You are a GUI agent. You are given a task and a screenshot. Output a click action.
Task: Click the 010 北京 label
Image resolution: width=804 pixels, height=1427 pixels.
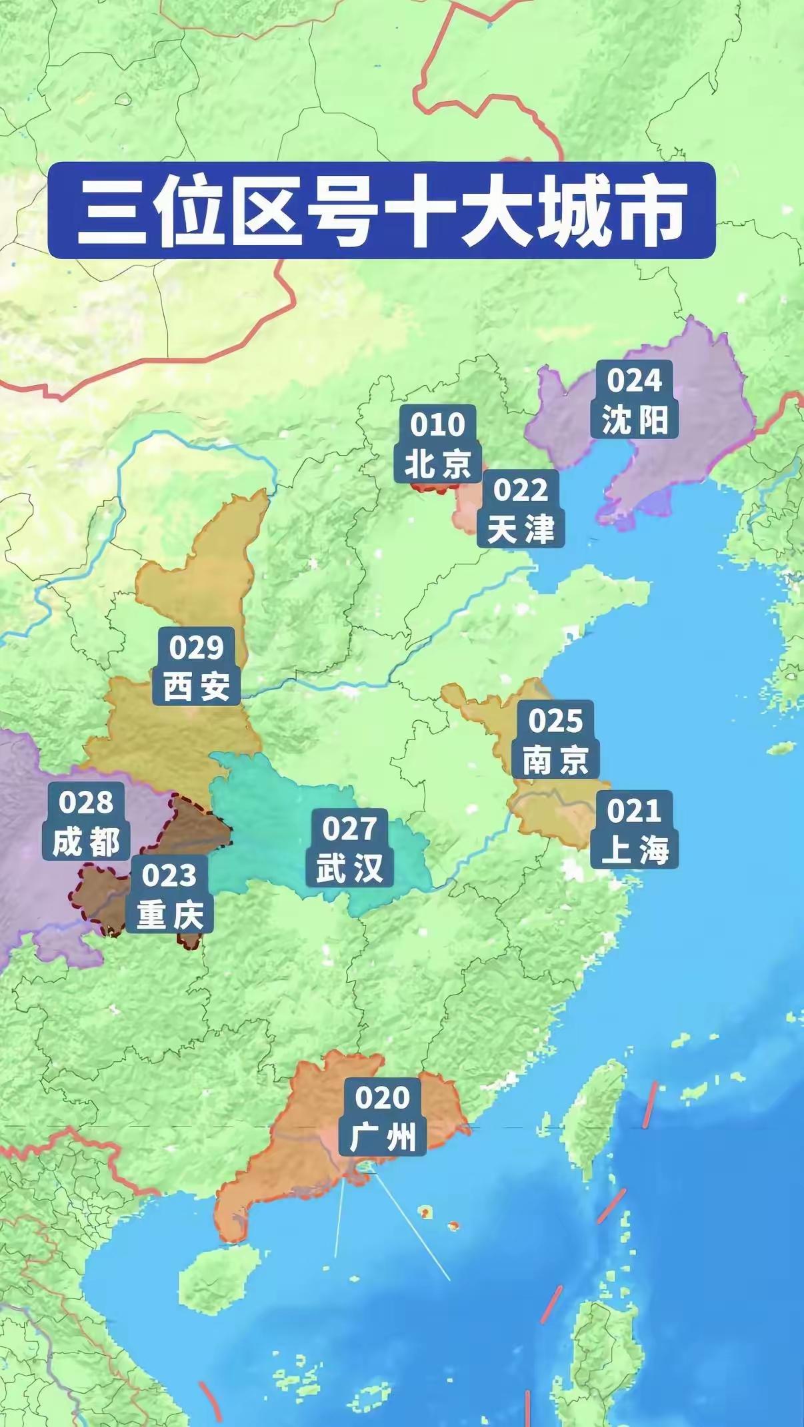pos(437,444)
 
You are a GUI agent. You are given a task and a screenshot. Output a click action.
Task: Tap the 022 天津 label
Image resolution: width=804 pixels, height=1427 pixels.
pos(521,509)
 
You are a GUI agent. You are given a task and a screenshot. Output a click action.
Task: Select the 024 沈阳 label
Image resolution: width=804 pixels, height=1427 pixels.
pos(634,400)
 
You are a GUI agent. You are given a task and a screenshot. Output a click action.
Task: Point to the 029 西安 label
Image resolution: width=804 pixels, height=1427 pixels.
pos(196,666)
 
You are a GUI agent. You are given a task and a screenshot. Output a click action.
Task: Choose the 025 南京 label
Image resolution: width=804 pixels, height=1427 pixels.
pos(555,739)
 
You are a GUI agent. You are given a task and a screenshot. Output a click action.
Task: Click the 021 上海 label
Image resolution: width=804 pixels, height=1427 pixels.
pos(634,829)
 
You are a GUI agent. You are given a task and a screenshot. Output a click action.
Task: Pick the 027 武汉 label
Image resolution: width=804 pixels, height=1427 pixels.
pos(349,847)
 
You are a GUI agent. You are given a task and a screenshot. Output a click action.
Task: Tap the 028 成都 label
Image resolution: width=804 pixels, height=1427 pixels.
pos(86,821)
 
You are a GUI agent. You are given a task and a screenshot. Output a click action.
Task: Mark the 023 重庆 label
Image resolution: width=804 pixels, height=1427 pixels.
pos(169,894)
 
